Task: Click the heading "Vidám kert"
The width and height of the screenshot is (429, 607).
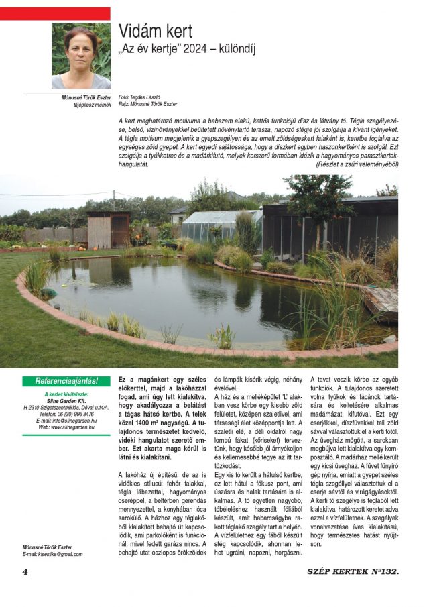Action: [x=156, y=31]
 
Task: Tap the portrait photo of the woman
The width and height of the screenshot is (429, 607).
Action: [x=81, y=56]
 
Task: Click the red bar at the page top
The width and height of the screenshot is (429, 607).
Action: [x=55, y=13]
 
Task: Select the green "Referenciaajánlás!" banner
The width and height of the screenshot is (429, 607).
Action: [x=66, y=381]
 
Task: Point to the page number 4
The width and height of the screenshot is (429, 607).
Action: [x=25, y=571]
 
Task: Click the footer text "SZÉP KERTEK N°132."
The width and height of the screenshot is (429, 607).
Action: [x=353, y=571]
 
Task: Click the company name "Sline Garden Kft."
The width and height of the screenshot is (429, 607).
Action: [x=66, y=400]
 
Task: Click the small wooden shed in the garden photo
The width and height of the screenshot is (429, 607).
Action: [x=108, y=229]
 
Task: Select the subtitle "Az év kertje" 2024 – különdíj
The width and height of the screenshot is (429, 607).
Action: [x=187, y=49]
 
